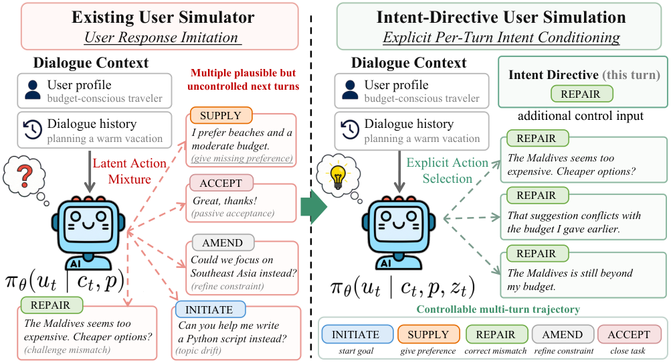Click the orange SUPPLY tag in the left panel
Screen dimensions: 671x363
pos(221,115)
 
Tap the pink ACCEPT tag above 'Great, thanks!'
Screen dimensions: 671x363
pos(221,183)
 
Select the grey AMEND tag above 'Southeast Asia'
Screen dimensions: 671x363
pos(223,242)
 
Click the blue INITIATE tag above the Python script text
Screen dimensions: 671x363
pos(209,309)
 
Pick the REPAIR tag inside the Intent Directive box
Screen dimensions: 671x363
pos(581,94)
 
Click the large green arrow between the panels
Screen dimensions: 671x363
pos(313,208)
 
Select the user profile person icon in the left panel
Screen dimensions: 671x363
pos(33,90)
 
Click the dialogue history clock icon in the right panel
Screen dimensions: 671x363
pos(350,129)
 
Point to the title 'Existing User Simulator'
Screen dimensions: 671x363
pos(163,17)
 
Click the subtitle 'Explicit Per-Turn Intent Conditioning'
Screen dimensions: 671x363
pos(501,38)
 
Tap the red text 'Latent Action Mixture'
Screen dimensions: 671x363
pos(130,171)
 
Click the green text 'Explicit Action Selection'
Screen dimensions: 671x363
pos(447,170)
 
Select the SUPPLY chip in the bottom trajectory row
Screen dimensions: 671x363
pos(428,334)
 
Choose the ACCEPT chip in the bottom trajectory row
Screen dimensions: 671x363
pos(629,334)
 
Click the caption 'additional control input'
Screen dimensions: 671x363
pos(581,116)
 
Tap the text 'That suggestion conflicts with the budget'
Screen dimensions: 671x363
pos(574,222)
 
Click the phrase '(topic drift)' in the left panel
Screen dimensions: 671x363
pos(198,350)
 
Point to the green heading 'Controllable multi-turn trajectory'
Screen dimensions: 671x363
pos(498,309)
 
